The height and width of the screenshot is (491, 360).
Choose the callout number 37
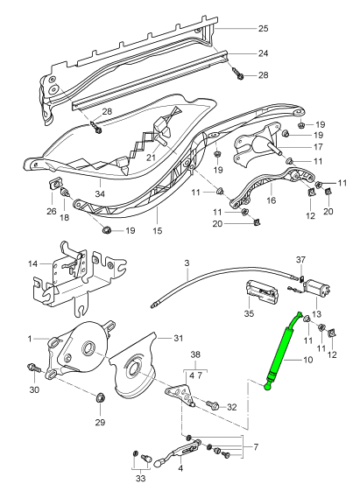pyautogui.click(x=300, y=259)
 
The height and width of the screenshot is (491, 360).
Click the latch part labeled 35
pyautogui.click(x=264, y=289)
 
